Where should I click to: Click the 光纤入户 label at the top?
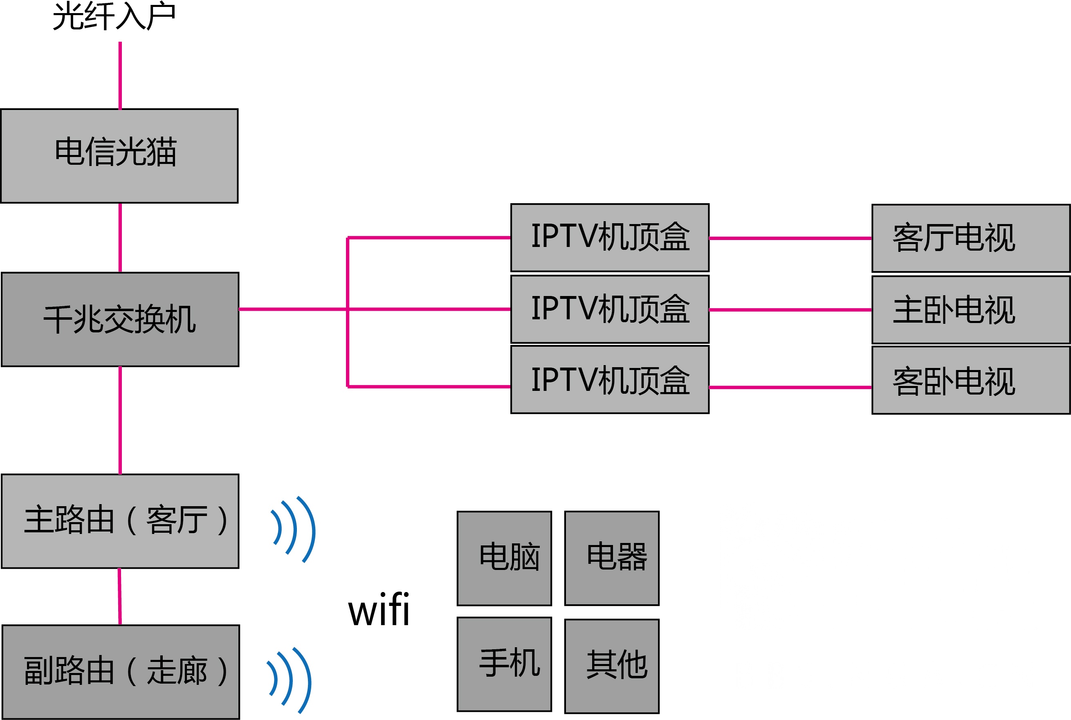point(114,16)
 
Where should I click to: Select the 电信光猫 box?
point(119,156)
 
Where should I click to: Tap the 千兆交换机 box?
point(120,319)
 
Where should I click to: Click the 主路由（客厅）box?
point(120,521)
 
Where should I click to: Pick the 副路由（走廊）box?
point(120,671)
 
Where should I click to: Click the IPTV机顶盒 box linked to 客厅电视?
point(609,238)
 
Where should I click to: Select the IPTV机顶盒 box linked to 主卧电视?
point(609,309)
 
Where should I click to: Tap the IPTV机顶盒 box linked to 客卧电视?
point(609,380)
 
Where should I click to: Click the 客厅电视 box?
point(970,238)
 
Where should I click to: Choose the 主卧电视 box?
point(970,310)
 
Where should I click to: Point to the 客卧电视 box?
point(970,381)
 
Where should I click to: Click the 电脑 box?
point(504,559)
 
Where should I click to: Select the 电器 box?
point(611,559)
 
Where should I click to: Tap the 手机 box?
point(504,664)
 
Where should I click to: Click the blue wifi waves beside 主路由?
point(294,529)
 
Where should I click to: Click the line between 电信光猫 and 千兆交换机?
point(120,238)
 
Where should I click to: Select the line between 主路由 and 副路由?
point(119,597)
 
